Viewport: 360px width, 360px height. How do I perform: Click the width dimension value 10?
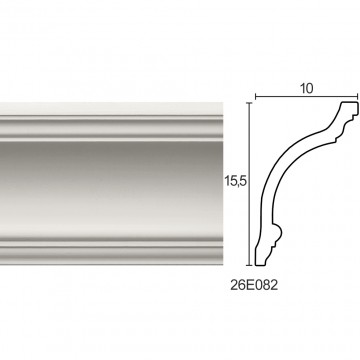coord(307,89)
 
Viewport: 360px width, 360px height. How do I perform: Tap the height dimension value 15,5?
coord(235,181)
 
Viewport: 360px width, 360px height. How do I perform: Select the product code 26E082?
coord(254,286)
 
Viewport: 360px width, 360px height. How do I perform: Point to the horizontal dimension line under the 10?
coord(307,97)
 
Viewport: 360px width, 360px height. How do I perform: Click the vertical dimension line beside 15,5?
coord(250,184)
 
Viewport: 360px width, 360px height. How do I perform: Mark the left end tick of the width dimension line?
coord(255,97)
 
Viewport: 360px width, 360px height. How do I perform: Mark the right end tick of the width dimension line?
coord(358,97)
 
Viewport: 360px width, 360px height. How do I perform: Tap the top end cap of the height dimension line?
coord(250,103)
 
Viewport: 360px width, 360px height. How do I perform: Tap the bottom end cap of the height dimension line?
coord(250,265)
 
